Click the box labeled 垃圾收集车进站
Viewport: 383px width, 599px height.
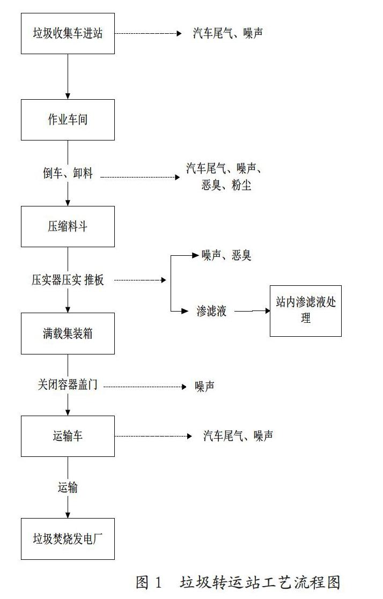coord(68,33)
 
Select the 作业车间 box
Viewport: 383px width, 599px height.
coord(68,120)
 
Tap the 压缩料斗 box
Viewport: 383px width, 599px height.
coord(68,226)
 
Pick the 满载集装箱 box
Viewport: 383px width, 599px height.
coord(68,334)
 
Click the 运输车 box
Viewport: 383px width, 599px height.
coord(68,436)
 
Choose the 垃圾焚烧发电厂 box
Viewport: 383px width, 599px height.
coord(68,538)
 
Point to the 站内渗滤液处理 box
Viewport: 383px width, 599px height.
coord(305,310)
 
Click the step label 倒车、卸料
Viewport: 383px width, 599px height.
coord(68,173)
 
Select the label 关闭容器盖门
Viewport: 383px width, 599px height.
coord(68,384)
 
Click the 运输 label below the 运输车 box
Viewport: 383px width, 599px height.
coord(68,487)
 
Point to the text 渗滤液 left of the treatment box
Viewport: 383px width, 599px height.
coord(211,311)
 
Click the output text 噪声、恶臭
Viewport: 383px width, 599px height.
coord(226,255)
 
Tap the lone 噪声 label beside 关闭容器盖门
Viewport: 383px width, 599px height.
coord(204,386)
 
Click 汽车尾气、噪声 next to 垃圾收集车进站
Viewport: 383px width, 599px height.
coord(228,33)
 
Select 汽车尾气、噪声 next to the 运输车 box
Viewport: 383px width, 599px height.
coord(238,436)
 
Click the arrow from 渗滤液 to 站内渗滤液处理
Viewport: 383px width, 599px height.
coord(252,310)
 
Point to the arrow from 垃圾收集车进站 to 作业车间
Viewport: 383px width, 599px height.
coord(68,76)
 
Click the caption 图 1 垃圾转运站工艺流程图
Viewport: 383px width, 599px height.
coord(238,582)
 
